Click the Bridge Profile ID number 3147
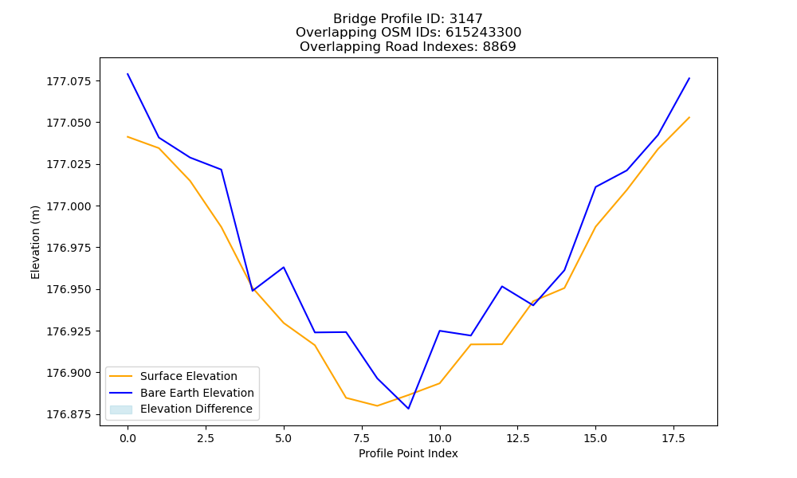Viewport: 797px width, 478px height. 465,19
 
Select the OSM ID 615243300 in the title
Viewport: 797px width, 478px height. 484,33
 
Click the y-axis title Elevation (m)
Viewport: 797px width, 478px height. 35,242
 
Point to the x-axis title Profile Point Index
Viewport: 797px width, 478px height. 408,453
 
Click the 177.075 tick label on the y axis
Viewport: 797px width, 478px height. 69,81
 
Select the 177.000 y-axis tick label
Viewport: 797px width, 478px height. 69,206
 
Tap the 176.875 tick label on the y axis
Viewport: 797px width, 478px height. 69,414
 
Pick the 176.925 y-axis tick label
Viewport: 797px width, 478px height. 69,331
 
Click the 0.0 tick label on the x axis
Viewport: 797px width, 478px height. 128,438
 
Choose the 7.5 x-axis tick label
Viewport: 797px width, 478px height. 361,438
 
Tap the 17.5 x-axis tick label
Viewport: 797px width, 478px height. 673,438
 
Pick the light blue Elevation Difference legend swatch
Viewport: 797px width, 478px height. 121,409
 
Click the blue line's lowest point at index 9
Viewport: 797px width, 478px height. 408,409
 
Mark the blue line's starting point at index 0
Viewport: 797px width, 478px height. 128,74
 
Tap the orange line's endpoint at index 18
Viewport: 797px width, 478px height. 689,117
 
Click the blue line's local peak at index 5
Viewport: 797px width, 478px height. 284,267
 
